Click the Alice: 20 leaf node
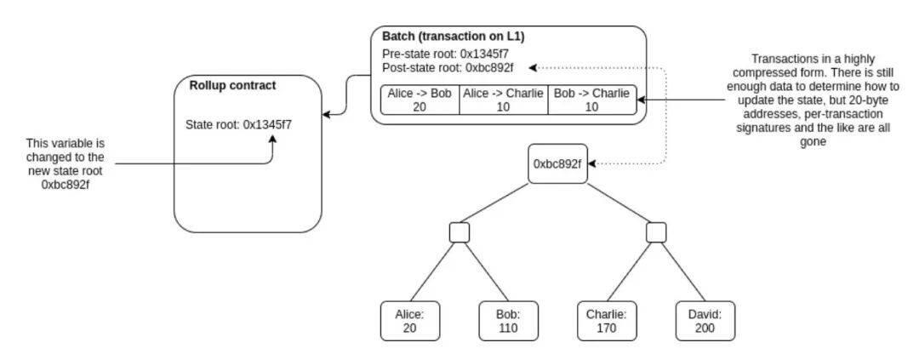[x=409, y=321]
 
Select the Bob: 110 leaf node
[x=507, y=321]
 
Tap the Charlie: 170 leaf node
[x=606, y=321]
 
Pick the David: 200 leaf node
[x=705, y=321]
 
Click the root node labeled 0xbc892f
[x=557, y=163]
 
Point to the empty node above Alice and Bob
[x=459, y=232]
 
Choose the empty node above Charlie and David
[x=656, y=232]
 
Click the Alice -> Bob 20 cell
[x=420, y=100]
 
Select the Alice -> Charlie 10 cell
[x=504, y=100]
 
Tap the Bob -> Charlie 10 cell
[x=592, y=100]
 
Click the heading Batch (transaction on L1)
[x=453, y=37]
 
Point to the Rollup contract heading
[x=232, y=86]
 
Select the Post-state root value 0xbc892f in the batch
[x=489, y=68]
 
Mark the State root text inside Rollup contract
[x=244, y=124]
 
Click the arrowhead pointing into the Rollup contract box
[x=327, y=114]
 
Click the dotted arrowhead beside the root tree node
[x=593, y=163]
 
